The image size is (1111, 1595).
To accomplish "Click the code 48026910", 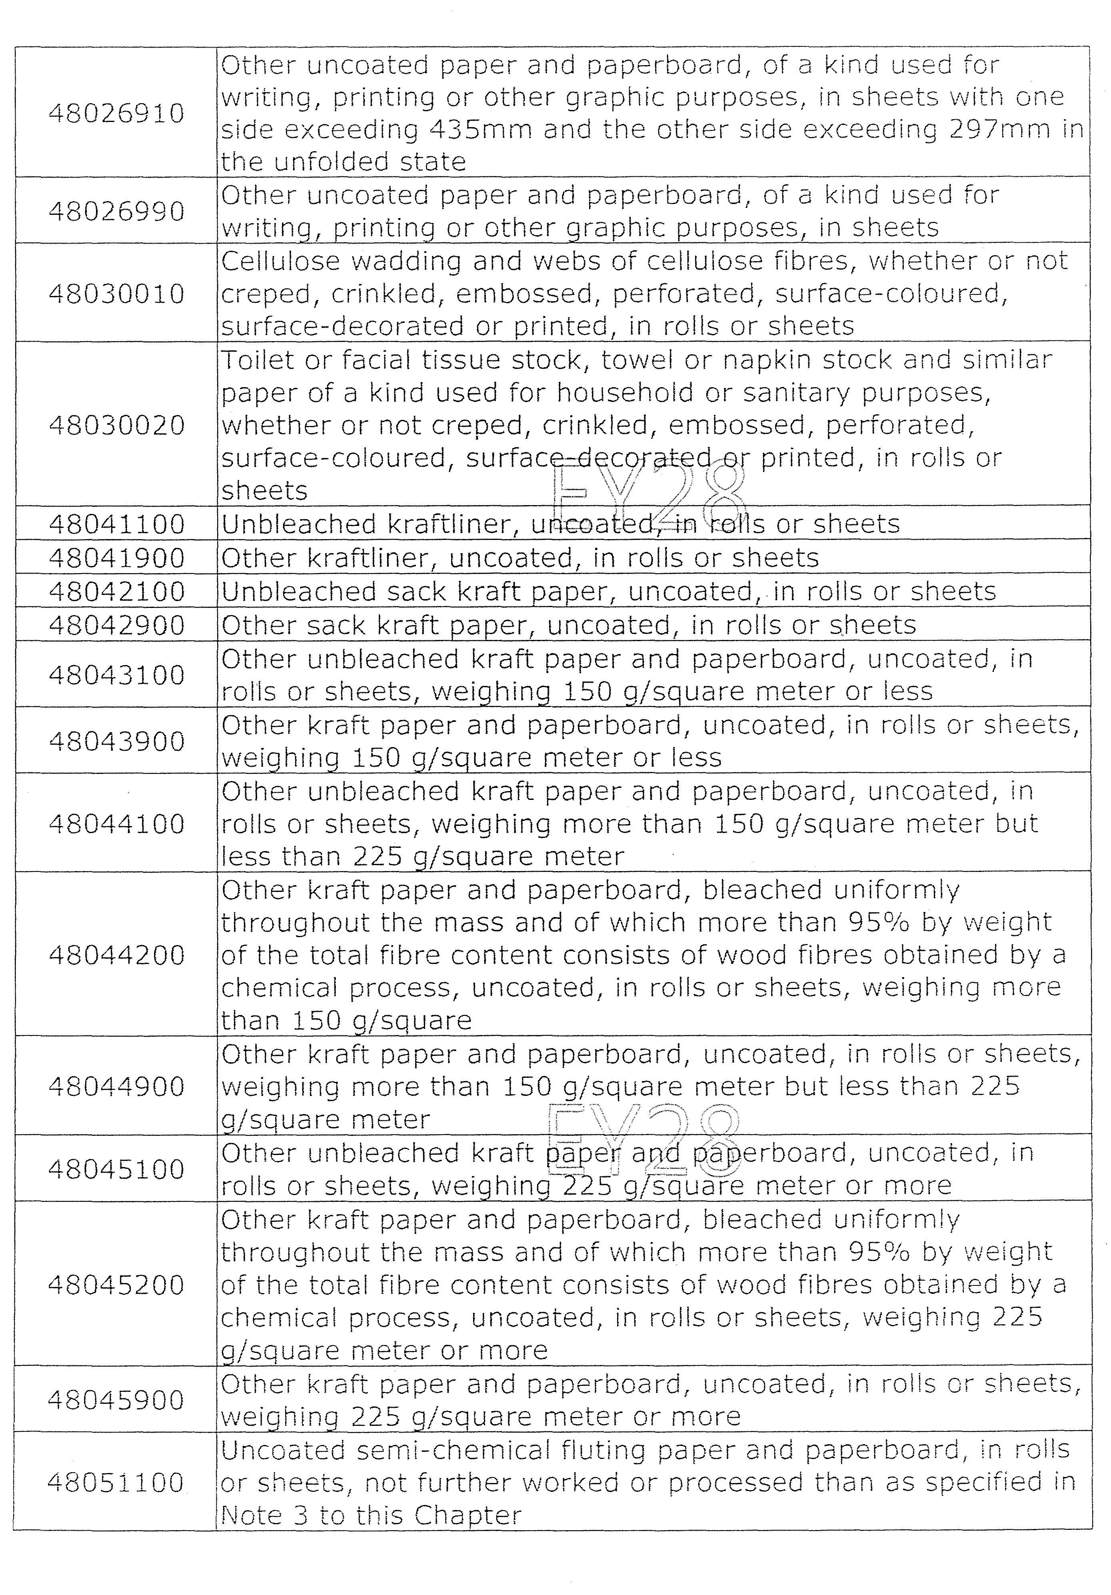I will pyautogui.click(x=116, y=113).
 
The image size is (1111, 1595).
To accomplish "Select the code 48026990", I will pyautogui.click(x=116, y=211).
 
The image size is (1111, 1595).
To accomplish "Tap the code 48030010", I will pyautogui.click(x=116, y=294).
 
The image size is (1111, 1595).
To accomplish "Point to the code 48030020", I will pyautogui.click(x=116, y=425).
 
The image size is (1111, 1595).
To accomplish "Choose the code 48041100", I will pyautogui.click(x=116, y=524).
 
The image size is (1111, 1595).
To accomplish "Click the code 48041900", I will pyautogui.click(x=116, y=558).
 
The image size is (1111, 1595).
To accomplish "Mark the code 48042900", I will pyautogui.click(x=116, y=625).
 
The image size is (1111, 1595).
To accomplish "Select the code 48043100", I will pyautogui.click(x=116, y=675).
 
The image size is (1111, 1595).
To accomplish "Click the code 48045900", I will pyautogui.click(x=116, y=1400).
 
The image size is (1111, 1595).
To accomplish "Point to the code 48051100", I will pyautogui.click(x=116, y=1483).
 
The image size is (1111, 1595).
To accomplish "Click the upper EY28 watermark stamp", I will pyautogui.click(x=649, y=495).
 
